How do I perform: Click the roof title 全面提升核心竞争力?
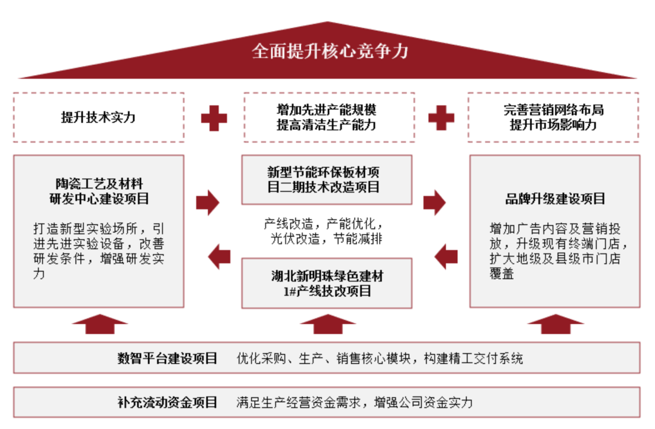330,51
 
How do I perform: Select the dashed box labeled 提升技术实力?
98,118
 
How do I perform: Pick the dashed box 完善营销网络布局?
553,118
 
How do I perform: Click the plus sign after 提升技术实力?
213,118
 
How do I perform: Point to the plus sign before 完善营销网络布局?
441,118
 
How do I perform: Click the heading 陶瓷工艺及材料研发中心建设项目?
99,191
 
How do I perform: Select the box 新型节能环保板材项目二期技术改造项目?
327,179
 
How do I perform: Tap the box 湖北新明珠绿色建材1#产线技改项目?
327,283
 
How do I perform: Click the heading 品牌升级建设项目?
555,199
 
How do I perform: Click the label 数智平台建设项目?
167,358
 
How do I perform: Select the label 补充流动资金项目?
167,402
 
